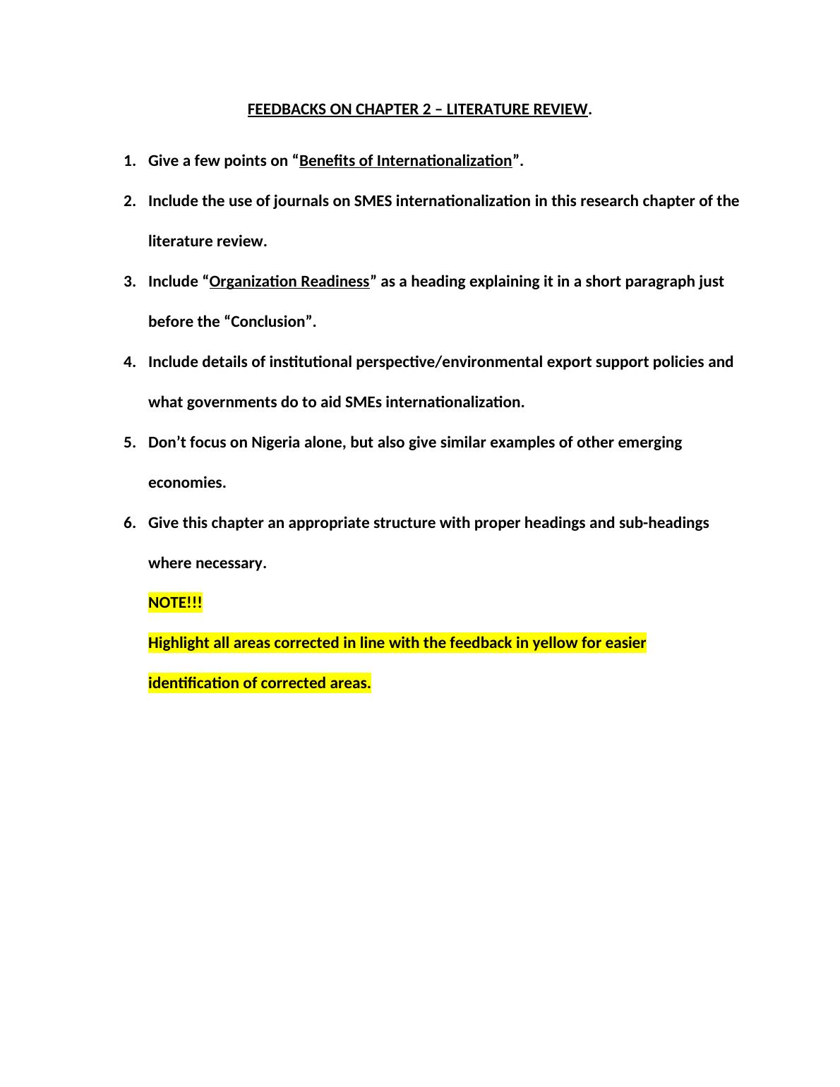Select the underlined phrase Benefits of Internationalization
(x=405, y=161)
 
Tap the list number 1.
(x=128, y=161)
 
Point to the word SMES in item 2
(x=373, y=201)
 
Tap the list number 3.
(x=128, y=282)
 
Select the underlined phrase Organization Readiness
(x=289, y=282)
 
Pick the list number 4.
(x=128, y=362)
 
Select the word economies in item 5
(x=186, y=483)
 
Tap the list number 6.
(x=128, y=523)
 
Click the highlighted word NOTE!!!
(x=175, y=603)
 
